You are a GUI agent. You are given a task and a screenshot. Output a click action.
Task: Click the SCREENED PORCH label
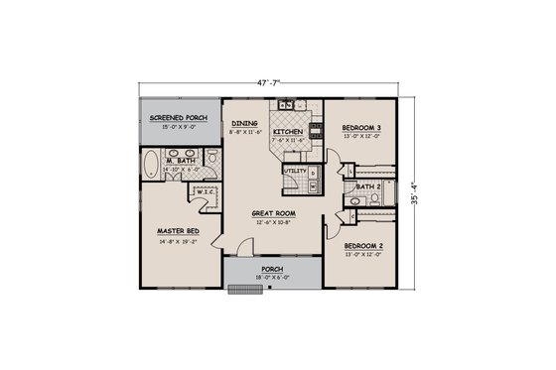176,118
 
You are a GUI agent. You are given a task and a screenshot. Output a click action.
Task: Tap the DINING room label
245,124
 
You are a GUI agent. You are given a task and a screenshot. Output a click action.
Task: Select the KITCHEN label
288,131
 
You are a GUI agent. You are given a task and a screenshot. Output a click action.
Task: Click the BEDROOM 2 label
362,244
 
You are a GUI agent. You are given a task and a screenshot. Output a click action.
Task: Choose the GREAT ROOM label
270,212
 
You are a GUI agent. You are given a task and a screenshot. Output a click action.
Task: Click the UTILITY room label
295,171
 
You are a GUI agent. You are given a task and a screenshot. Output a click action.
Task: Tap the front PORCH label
273,268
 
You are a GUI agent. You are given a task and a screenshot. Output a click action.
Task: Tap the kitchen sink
285,103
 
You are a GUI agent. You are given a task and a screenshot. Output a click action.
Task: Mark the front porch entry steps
240,291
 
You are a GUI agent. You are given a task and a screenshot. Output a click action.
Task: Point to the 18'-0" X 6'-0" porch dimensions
273,277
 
